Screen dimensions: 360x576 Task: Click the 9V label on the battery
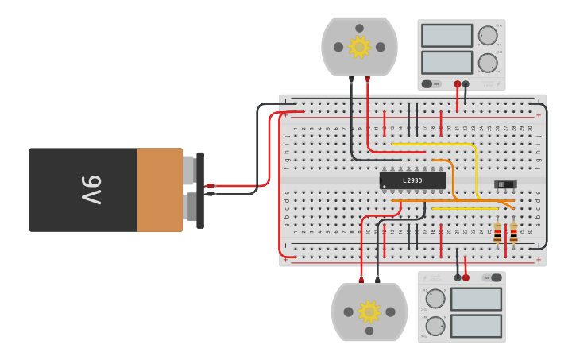[x=91, y=190]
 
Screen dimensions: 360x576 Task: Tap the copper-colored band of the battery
[x=160, y=190]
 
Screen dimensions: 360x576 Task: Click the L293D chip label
[x=412, y=180]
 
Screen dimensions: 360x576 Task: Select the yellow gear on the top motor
[x=359, y=47]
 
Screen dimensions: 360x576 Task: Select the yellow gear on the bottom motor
[x=369, y=312]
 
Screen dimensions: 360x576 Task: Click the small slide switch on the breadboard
[x=505, y=184]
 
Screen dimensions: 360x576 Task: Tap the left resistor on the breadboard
[x=497, y=232]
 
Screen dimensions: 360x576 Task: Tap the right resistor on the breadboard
[x=514, y=232]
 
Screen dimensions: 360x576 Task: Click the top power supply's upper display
[x=446, y=36]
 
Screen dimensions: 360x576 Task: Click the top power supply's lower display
[x=446, y=63]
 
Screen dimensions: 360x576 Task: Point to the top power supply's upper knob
[x=487, y=35]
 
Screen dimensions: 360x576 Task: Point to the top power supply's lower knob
[x=487, y=63]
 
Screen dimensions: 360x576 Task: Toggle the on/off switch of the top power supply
[x=431, y=83]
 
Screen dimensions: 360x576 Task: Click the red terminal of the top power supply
[x=458, y=83]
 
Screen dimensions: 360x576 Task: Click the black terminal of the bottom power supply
[x=458, y=277]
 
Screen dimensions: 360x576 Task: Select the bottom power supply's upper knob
[x=435, y=299]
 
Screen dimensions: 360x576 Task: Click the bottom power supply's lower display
[x=476, y=326]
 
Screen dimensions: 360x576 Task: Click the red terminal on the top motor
[x=367, y=79]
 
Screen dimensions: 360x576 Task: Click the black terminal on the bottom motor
[x=377, y=279]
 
